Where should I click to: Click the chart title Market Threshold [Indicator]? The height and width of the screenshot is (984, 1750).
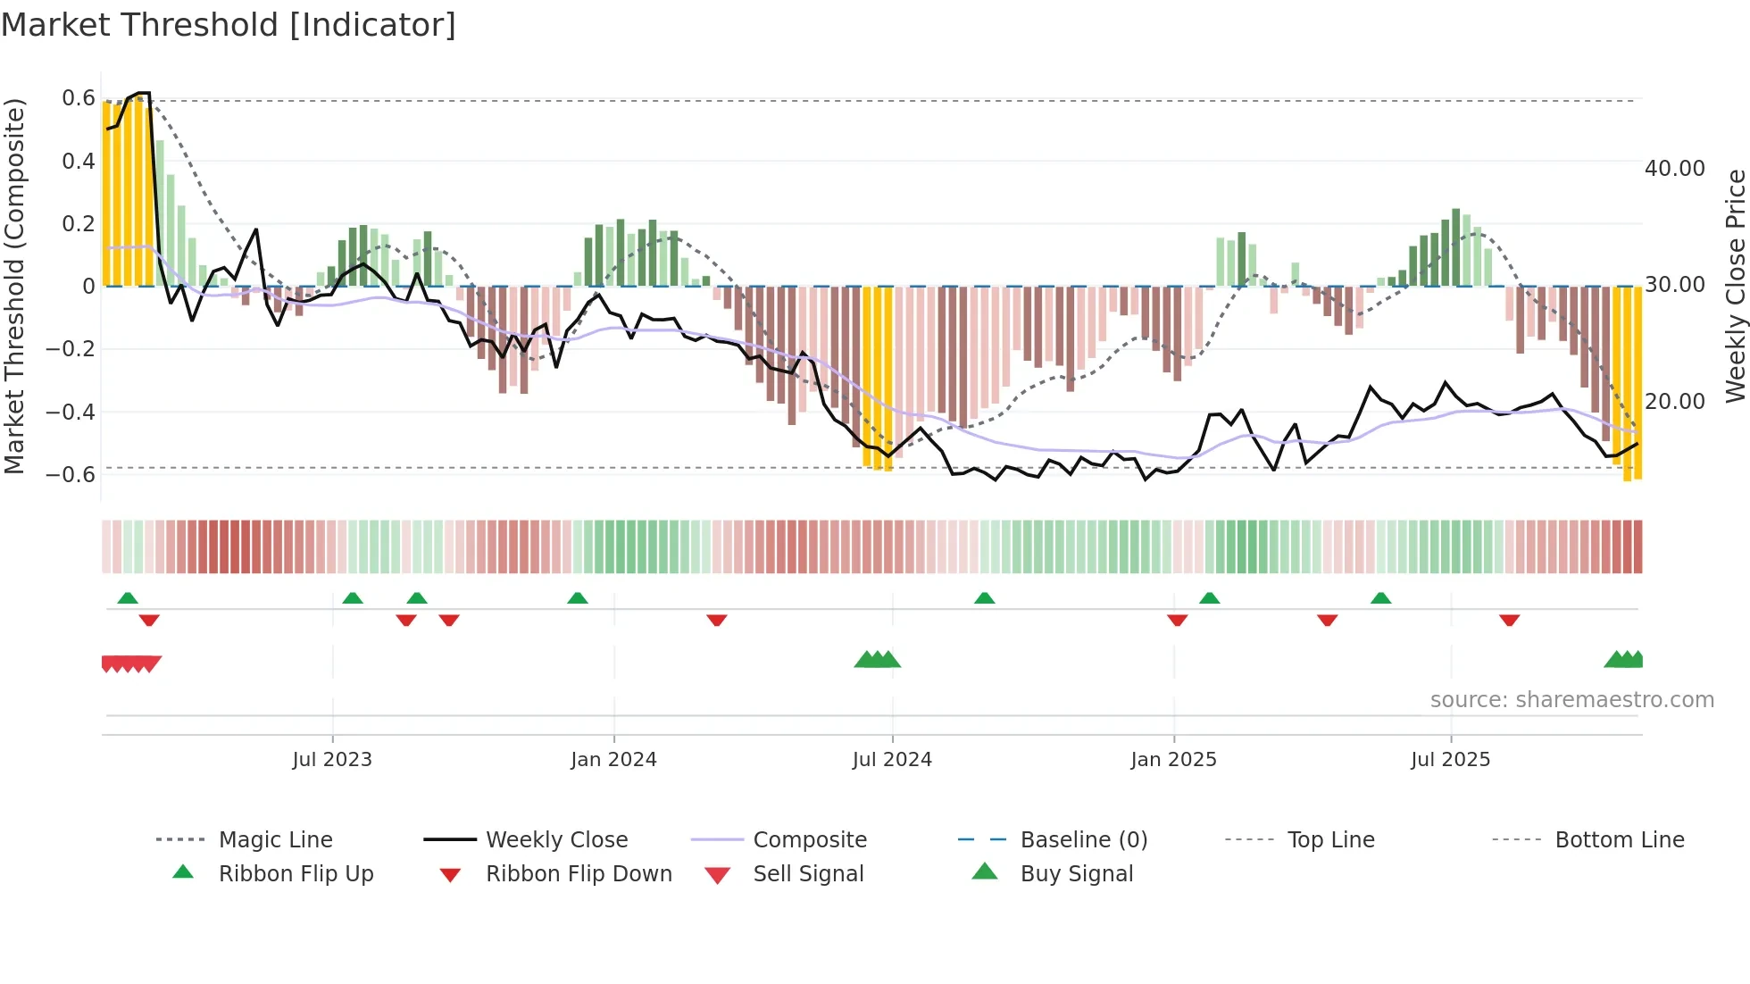pos(229,25)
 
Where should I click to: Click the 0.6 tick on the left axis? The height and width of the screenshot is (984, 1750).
pos(79,98)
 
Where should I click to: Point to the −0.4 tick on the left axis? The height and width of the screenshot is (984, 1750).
pos(71,412)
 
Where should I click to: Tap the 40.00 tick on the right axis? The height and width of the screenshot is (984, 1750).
pos(1674,169)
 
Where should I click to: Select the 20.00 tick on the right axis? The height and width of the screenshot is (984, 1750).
pos(1674,402)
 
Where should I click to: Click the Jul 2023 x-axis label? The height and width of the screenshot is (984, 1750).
pos(332,760)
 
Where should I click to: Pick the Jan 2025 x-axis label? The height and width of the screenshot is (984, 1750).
pos(1173,760)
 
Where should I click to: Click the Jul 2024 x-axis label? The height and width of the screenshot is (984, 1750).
pos(892,760)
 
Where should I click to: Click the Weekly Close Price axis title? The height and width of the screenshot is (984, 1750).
pos(1735,286)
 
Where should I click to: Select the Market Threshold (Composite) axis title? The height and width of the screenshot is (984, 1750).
pos(14,286)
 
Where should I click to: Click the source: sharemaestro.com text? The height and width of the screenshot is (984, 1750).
pos(1571,700)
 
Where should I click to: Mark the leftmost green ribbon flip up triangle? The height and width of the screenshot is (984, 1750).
pos(128,598)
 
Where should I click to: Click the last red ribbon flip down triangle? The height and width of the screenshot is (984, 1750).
pos(1509,620)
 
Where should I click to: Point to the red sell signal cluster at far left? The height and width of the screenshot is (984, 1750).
pos(131,663)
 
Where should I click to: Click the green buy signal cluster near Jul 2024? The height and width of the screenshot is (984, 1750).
pos(877,660)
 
